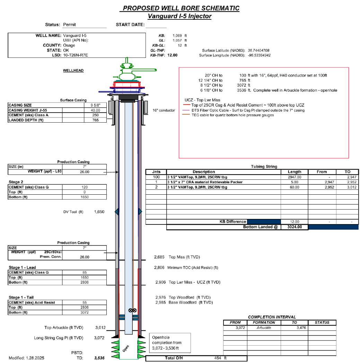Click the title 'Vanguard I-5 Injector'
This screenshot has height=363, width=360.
[179, 16]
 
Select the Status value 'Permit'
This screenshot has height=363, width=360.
[69, 25]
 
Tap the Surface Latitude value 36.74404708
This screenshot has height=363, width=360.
[259, 51]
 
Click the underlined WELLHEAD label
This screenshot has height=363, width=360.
[73, 71]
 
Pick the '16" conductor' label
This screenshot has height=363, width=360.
[164, 110]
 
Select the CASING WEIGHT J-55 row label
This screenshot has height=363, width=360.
[27, 110]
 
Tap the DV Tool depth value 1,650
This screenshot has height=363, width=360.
[99, 212]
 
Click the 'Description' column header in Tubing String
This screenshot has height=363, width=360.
[204, 172]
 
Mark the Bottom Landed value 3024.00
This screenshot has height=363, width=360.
[294, 227]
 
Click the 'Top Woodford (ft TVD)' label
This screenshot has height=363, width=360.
[190, 298]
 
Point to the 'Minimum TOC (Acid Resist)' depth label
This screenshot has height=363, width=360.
[193, 268]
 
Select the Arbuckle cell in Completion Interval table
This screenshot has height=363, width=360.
[264, 328]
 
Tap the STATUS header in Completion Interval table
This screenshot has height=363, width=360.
[322, 322]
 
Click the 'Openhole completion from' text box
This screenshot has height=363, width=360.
[170, 342]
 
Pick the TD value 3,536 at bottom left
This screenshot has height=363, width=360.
[99, 358]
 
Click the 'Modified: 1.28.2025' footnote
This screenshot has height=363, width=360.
[26, 357]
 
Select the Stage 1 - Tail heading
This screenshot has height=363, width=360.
[21, 298]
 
